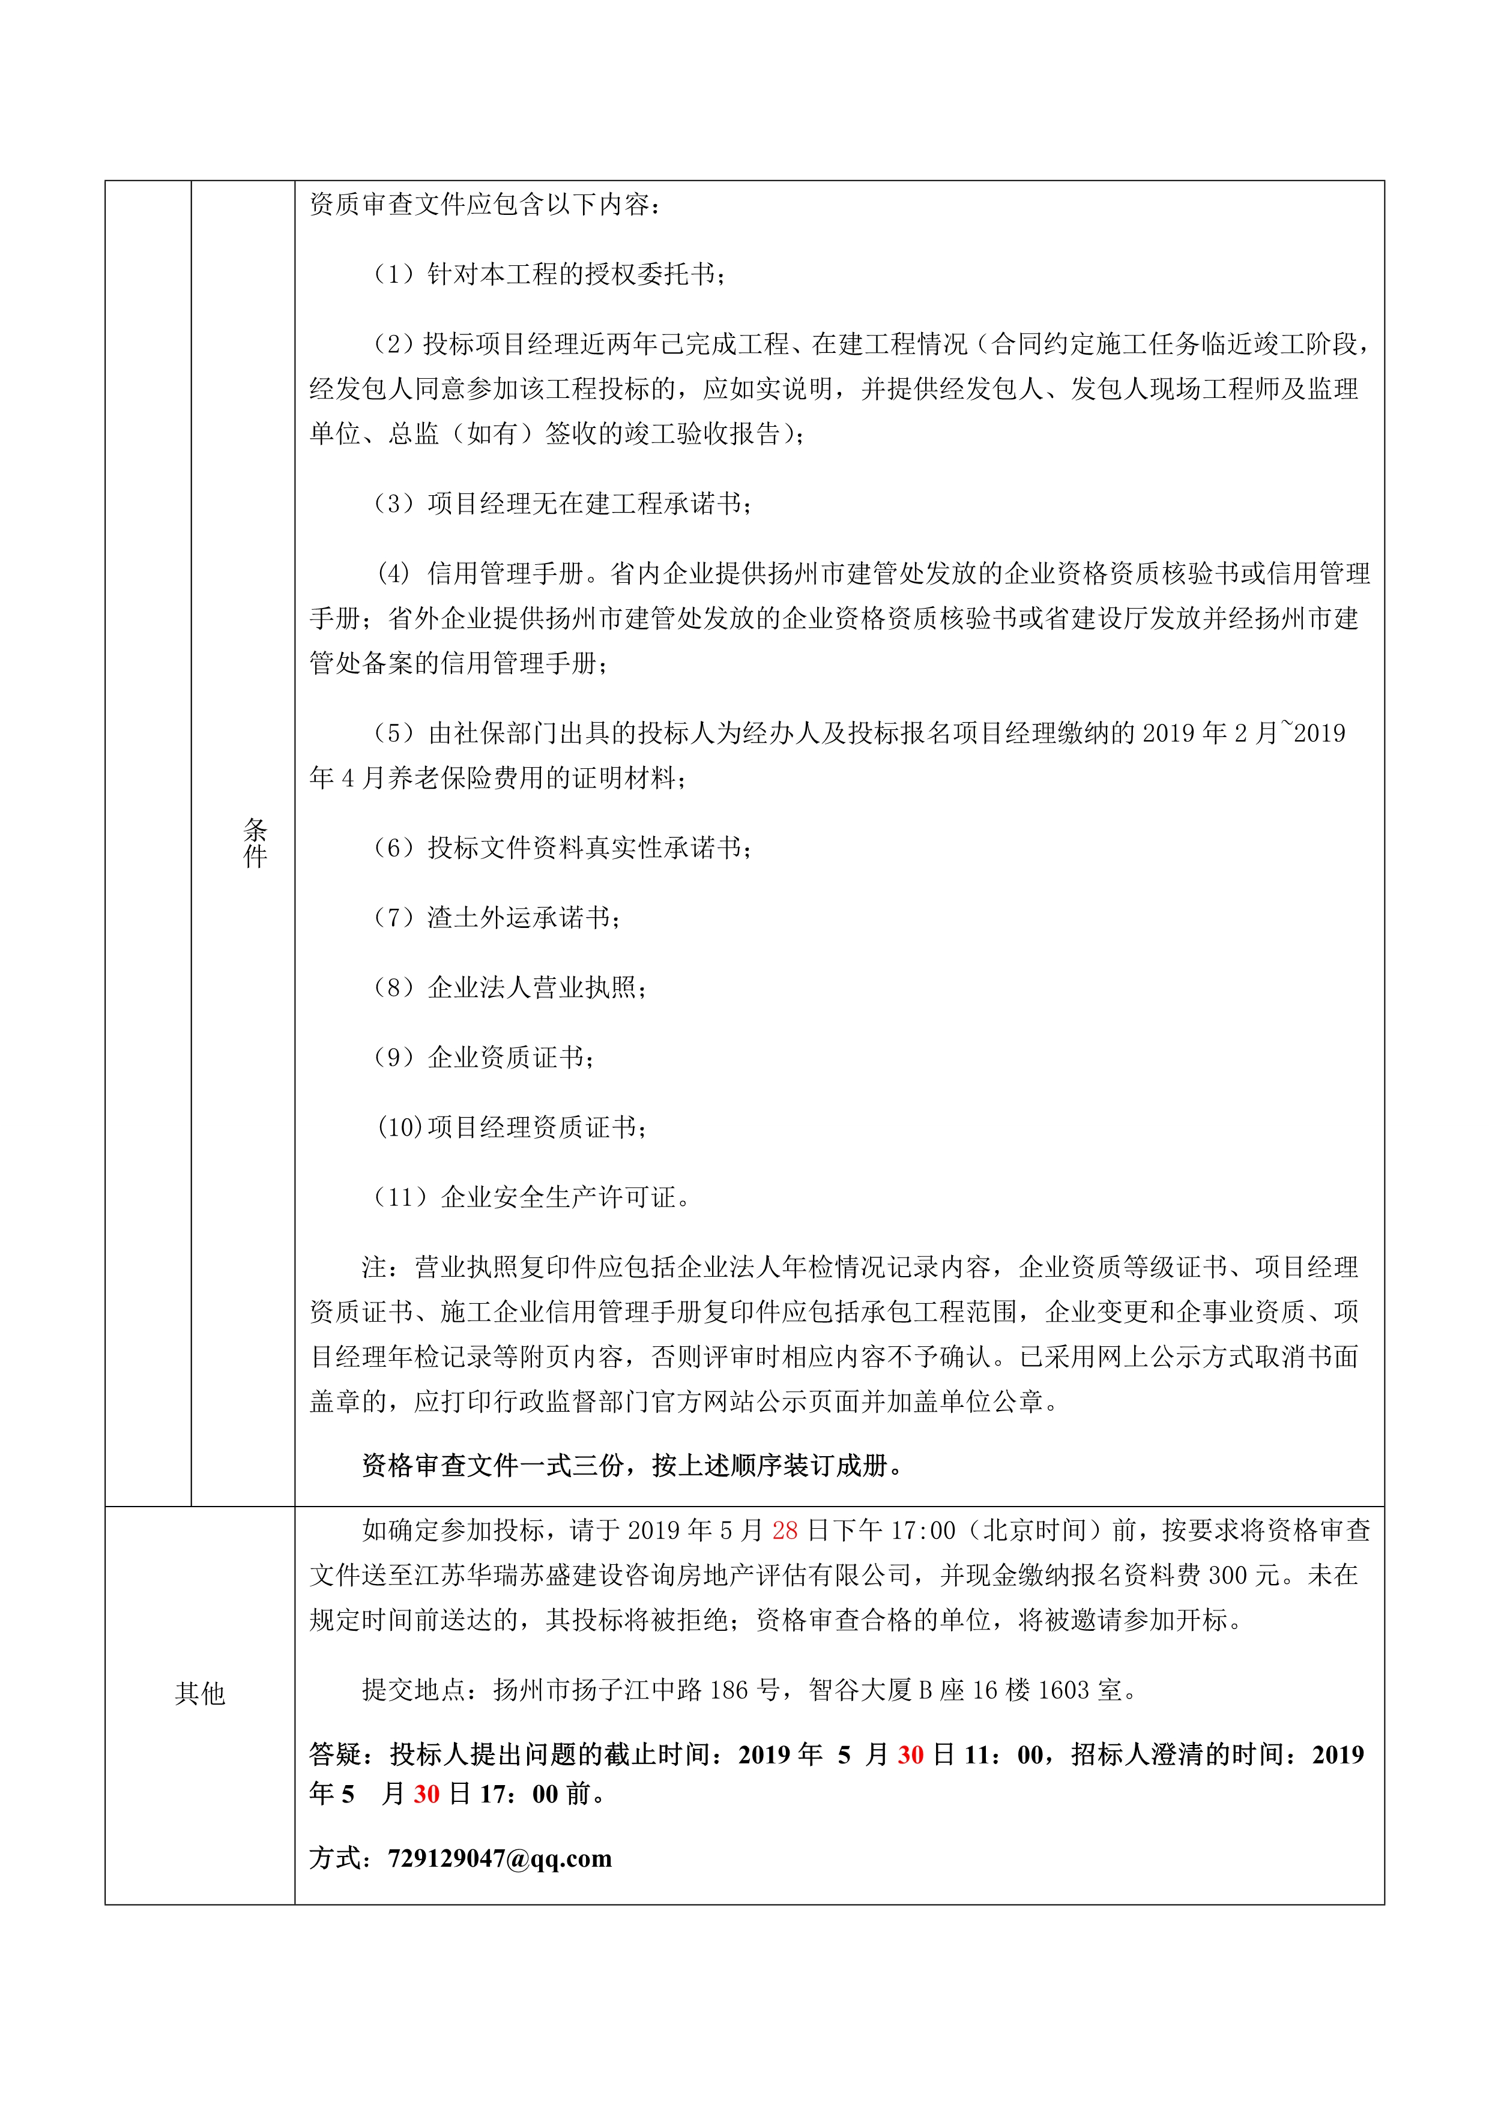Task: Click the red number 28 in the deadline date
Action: (784, 1530)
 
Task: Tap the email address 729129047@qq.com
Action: (500, 1858)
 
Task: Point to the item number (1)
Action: (394, 274)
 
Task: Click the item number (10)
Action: (400, 1127)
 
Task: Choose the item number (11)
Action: (400, 1197)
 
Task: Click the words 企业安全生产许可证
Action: (558, 1197)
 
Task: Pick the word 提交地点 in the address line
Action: (414, 1690)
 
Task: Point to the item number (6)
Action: (394, 848)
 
